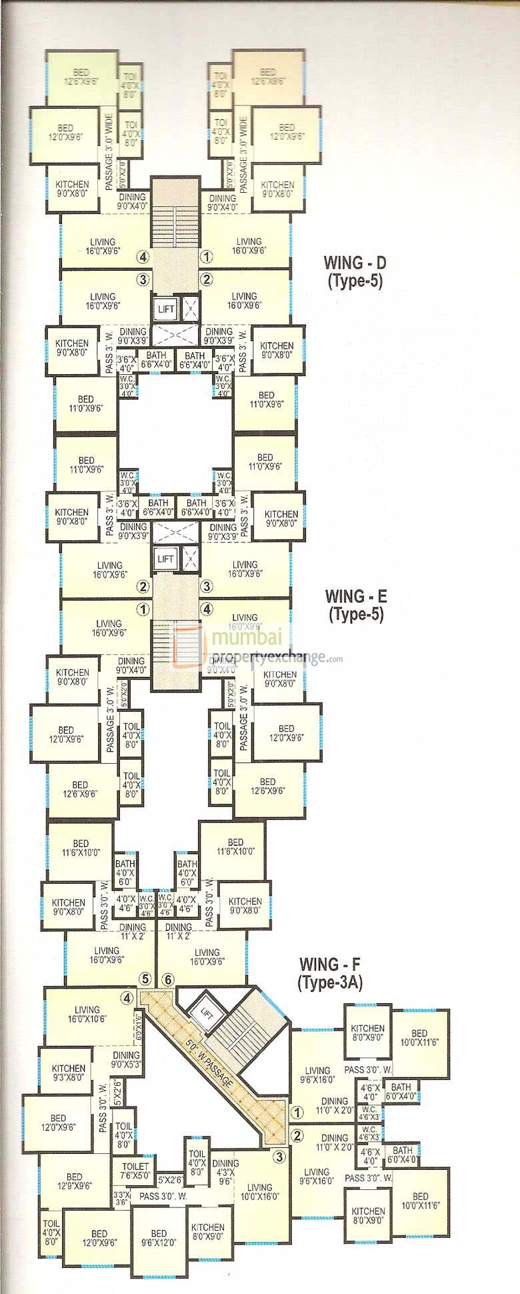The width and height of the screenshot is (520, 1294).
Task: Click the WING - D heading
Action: [x=354, y=262]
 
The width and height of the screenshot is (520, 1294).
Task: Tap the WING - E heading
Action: [x=356, y=596]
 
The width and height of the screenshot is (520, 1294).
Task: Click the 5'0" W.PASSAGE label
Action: [x=210, y=1065]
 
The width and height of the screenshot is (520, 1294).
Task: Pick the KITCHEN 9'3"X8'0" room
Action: [x=69, y=1073]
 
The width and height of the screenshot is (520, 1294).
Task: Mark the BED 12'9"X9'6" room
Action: [x=75, y=1181]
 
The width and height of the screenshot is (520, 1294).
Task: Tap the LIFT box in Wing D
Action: [x=165, y=309]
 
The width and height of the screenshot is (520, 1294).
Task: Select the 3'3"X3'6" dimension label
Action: [x=121, y=1198]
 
